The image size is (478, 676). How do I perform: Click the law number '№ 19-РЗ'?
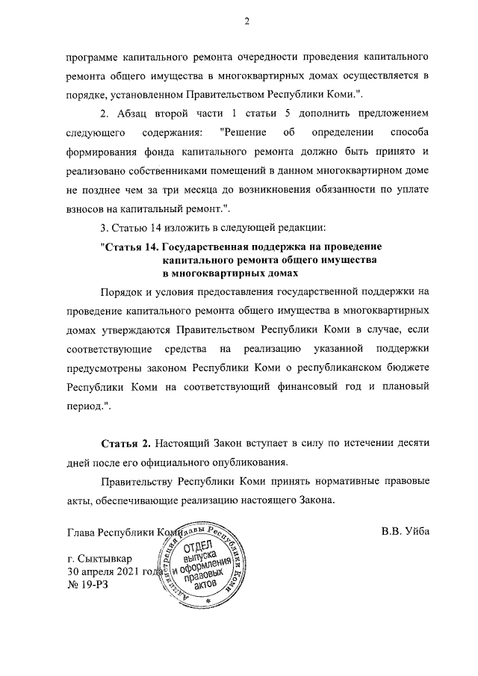coord(88,586)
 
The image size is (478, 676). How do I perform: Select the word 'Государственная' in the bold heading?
coord(204,246)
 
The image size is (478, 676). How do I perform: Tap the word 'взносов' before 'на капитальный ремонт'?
coord(85,207)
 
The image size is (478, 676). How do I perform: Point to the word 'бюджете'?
coord(409,369)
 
